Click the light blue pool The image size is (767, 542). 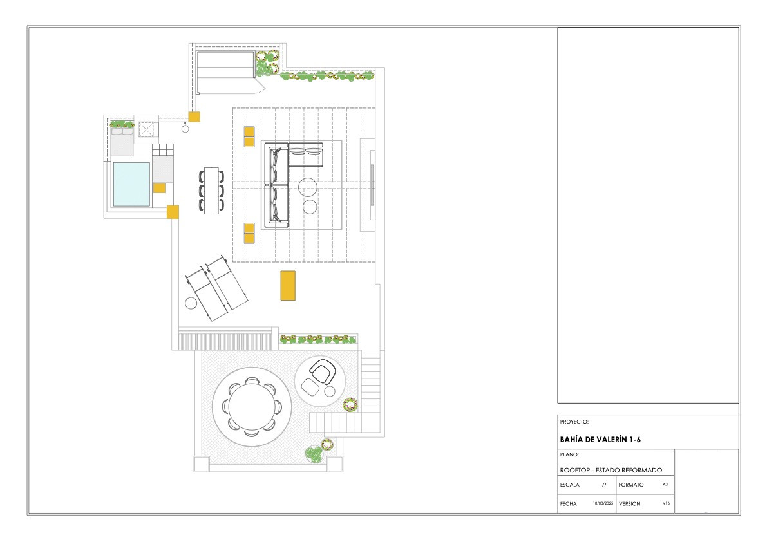131,184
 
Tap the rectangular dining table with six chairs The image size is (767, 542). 211,191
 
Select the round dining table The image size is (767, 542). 252,407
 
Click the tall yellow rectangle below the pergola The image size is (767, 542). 288,285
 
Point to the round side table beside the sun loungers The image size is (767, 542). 191,303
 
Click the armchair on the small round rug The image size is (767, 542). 323,373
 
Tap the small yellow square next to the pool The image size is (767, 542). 160,188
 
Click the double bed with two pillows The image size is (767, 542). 122,139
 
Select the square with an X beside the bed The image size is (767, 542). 146,129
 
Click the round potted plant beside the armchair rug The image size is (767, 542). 350,405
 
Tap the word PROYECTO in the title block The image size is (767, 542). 573,422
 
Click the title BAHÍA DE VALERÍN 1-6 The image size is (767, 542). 600,440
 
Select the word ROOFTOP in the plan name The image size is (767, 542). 574,470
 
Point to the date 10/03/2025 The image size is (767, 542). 603,503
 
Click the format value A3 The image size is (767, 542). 665,484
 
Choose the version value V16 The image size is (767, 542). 667,503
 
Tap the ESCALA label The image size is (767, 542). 570,485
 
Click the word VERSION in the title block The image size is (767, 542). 630,504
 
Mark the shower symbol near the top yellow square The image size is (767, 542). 185,128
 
